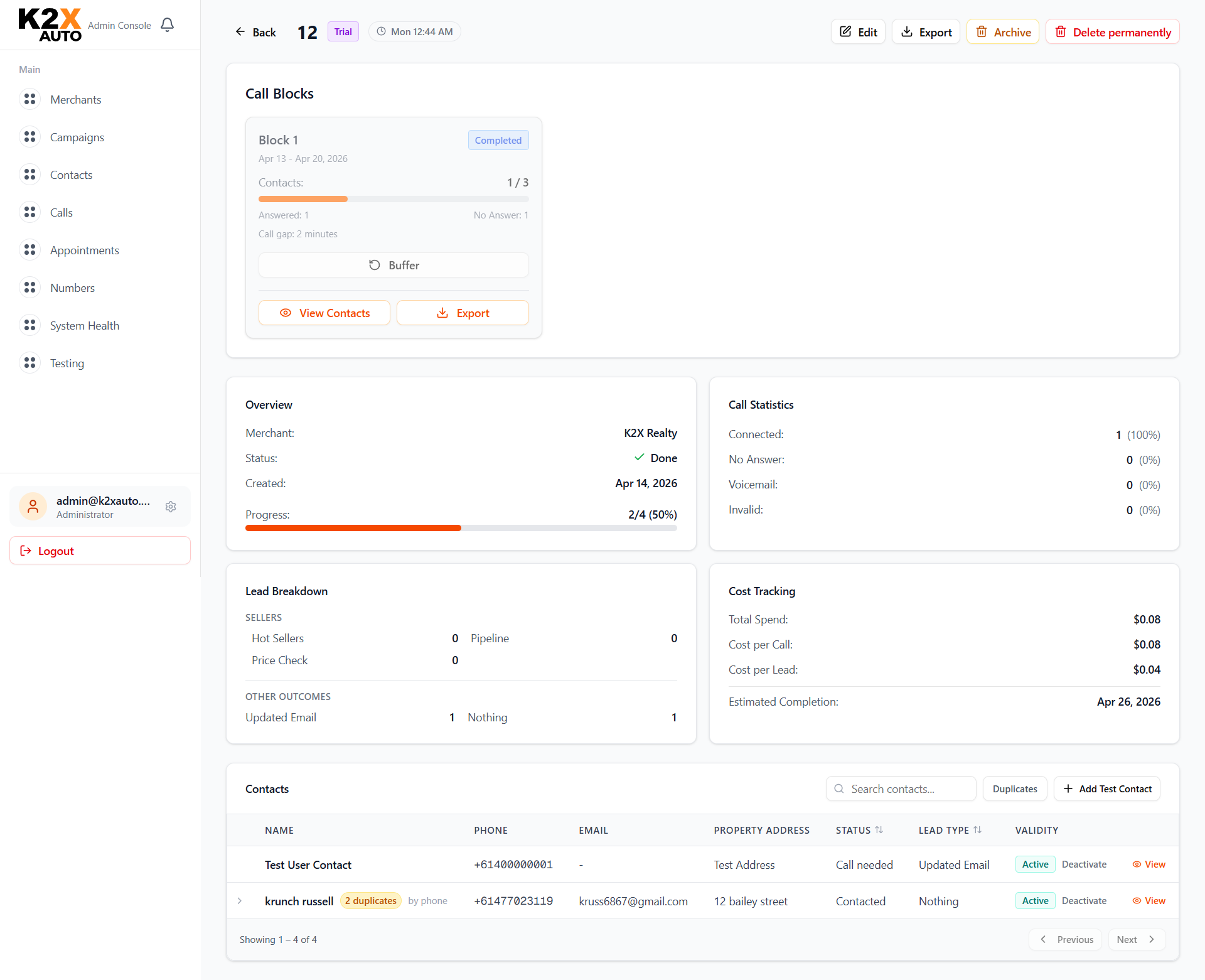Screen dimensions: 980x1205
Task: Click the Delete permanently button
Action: point(1112,32)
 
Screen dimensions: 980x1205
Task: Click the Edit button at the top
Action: point(858,32)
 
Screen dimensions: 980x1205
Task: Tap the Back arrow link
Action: point(255,32)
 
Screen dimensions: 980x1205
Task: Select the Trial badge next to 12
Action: point(343,32)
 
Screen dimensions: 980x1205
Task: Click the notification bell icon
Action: point(167,25)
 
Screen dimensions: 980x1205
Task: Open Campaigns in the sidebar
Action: point(77,137)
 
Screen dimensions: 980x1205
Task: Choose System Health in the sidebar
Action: point(85,326)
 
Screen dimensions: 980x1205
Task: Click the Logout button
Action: point(100,551)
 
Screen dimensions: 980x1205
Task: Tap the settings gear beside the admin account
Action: point(171,507)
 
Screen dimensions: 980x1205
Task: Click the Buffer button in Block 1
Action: point(394,265)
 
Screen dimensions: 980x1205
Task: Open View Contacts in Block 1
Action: point(324,313)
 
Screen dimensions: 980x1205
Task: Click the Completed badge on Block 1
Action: point(498,140)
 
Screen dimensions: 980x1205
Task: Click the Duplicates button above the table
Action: point(1014,789)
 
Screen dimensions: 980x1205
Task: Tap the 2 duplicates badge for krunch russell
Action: point(370,901)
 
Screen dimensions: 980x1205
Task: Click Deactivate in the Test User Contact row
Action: point(1084,864)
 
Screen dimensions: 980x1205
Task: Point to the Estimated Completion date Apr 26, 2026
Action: point(1128,702)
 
